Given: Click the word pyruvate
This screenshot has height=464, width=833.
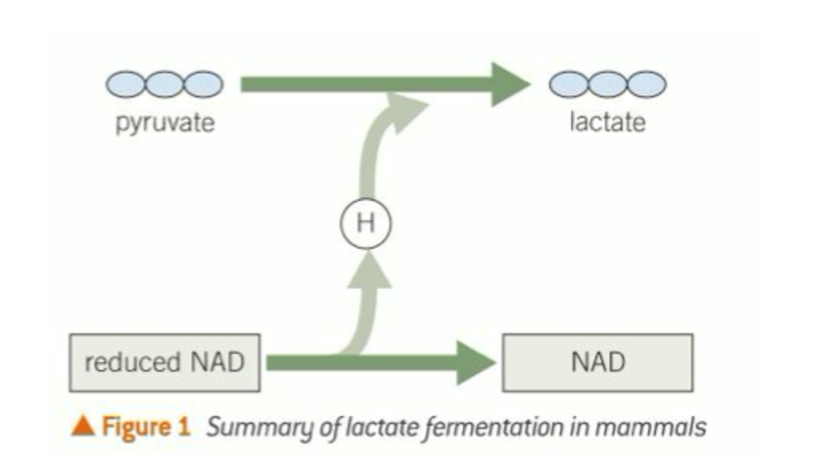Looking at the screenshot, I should pyautogui.click(x=165, y=124).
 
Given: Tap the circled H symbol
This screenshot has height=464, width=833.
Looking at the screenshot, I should pyautogui.click(x=365, y=223).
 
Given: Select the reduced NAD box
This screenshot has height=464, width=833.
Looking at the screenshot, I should pyautogui.click(x=164, y=363).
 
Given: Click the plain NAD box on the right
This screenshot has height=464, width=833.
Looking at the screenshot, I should pyautogui.click(x=598, y=363).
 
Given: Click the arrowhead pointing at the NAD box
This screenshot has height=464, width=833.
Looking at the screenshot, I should pyautogui.click(x=476, y=364).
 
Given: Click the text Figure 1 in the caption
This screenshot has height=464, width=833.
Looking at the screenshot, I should pyautogui.click(x=145, y=427).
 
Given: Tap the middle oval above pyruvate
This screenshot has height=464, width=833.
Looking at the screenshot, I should pyautogui.click(x=164, y=84).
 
